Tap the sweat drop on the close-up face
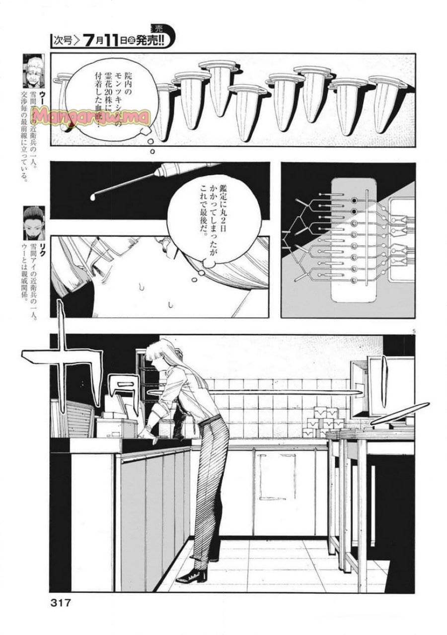(x=143, y=286)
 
